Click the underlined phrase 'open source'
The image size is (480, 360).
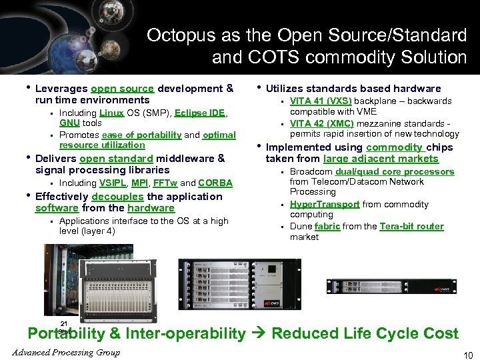point(123,89)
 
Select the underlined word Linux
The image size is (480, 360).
point(113,113)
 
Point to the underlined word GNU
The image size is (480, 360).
point(69,123)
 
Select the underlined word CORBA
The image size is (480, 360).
point(215,183)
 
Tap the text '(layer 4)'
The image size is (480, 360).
point(97,231)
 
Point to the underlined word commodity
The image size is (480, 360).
point(394,147)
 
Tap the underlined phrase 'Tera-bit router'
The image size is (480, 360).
point(411,227)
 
